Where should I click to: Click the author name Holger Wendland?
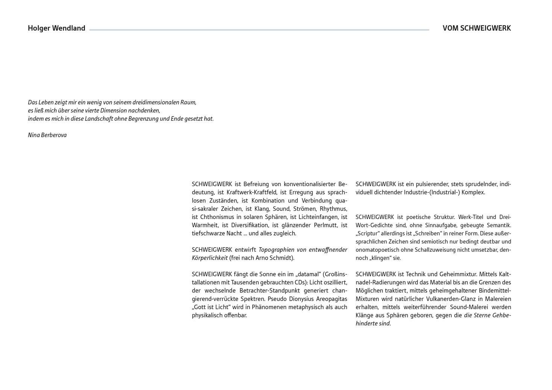(x=56, y=28)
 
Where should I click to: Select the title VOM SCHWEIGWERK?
(x=476, y=28)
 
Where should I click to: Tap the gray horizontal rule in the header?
(x=259, y=30)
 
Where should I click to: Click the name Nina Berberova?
(x=47, y=135)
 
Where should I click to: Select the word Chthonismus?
(x=217, y=217)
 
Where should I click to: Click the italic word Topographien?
(x=277, y=250)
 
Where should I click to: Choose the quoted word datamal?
(x=308, y=274)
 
